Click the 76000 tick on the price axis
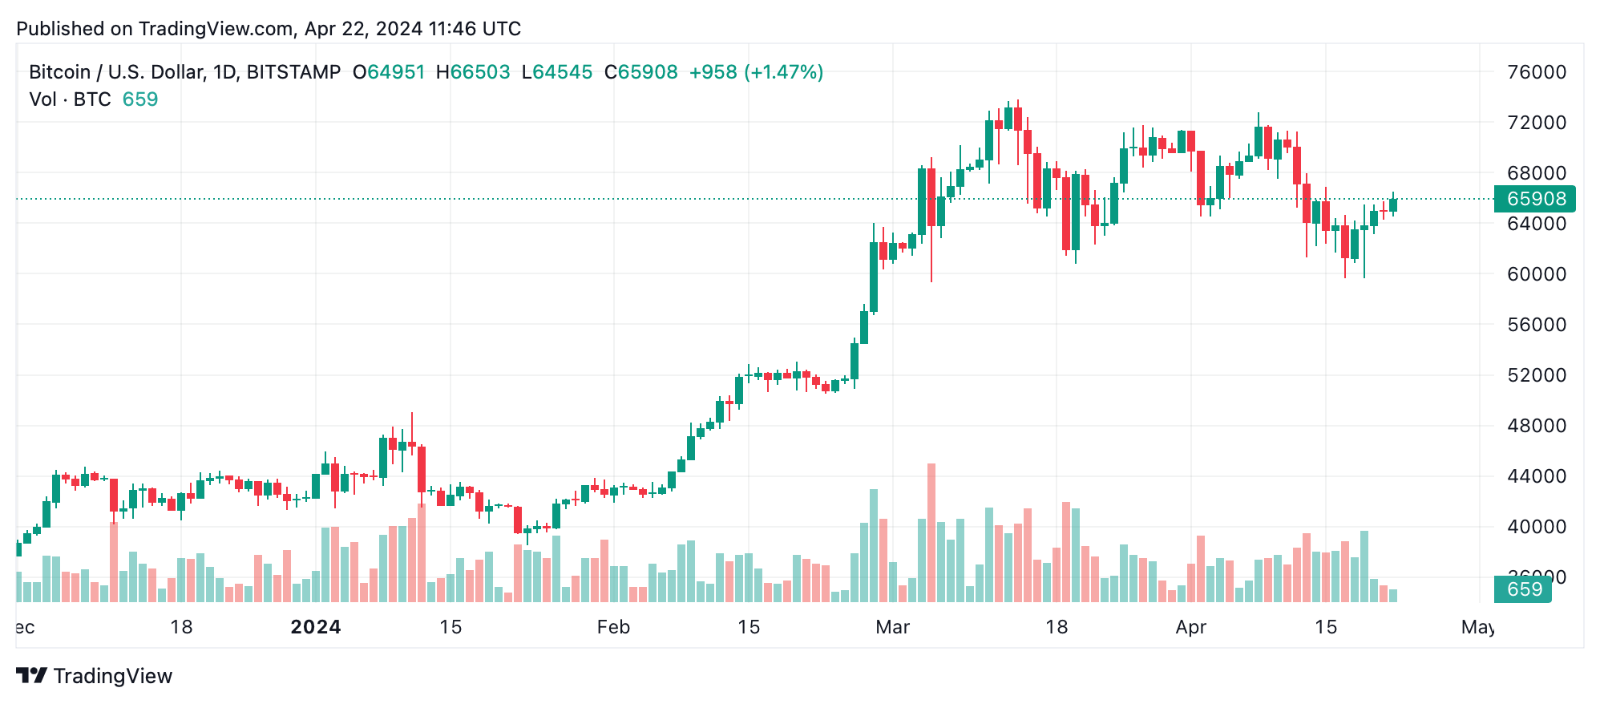pyautogui.click(x=1536, y=72)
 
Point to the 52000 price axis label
pyautogui.click(x=1536, y=375)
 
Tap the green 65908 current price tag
pyautogui.click(x=1534, y=199)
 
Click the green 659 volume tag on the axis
pyautogui.click(x=1522, y=589)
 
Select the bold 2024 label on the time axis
pyautogui.click(x=316, y=627)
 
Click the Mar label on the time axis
pyautogui.click(x=892, y=627)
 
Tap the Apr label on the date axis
pyautogui.click(x=1190, y=627)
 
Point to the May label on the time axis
pyautogui.click(x=1477, y=627)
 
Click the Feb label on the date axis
pyautogui.click(x=613, y=627)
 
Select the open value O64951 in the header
pyautogui.click(x=389, y=72)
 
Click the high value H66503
pyautogui.click(x=473, y=72)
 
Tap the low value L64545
pyautogui.click(x=557, y=72)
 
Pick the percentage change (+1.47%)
pyautogui.click(x=783, y=72)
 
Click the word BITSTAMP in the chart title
pyautogui.click(x=293, y=72)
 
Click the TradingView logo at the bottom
pyautogui.click(x=95, y=676)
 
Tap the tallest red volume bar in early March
pyautogui.click(x=931, y=532)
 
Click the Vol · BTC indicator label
pyautogui.click(x=70, y=99)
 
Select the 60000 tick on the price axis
pyautogui.click(x=1536, y=274)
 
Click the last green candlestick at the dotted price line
pyautogui.click(x=1393, y=205)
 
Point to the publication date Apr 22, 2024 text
pyautogui.click(x=363, y=29)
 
